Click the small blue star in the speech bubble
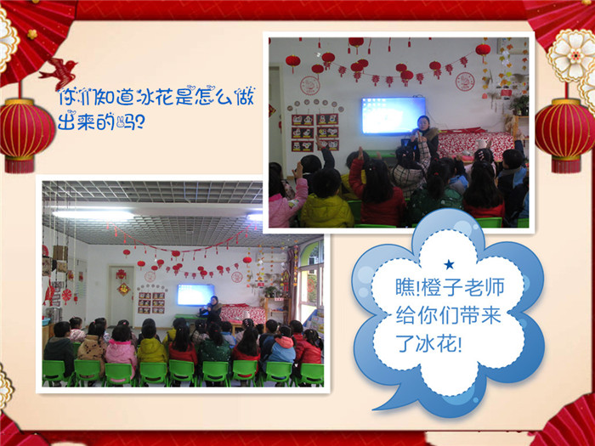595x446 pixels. tap(450, 264)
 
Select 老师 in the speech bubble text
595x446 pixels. tap(486, 287)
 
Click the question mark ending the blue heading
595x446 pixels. tap(139, 122)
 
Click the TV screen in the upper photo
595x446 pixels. tap(393, 116)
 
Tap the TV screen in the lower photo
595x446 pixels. tap(195, 294)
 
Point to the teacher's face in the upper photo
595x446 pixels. tap(422, 123)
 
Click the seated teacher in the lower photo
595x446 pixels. tap(212, 309)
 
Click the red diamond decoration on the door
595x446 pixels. tap(123, 290)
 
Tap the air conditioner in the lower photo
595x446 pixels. tap(272, 258)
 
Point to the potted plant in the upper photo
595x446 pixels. tap(518, 104)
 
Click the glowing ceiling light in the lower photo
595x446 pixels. tap(93, 214)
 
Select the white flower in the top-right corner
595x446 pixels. tap(571, 56)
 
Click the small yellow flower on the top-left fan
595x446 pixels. tap(32, 34)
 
